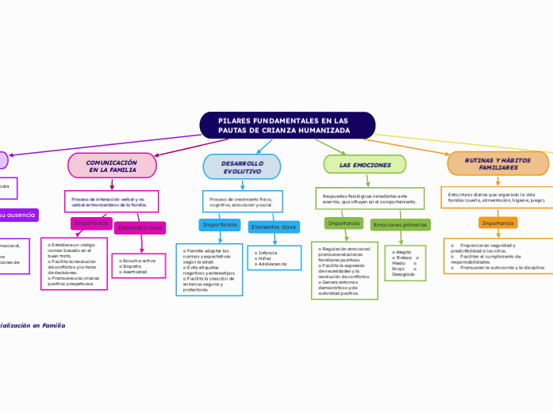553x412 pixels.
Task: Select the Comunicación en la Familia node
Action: click(x=112, y=165)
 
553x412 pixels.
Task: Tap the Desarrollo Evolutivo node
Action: click(x=242, y=166)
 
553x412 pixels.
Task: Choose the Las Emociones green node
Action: click(x=365, y=164)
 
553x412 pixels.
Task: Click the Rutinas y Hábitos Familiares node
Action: click(x=498, y=164)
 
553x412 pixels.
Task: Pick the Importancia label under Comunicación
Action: click(x=91, y=223)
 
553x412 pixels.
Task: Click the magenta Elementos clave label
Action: click(x=140, y=228)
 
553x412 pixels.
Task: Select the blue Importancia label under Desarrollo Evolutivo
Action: click(x=220, y=225)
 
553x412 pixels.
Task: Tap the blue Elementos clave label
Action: click(x=274, y=227)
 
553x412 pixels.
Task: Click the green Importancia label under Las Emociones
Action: click(x=344, y=223)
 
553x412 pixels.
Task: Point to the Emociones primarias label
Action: click(x=400, y=225)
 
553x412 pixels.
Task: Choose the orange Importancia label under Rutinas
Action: click(x=497, y=223)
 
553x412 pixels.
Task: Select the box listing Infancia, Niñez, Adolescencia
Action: click(x=273, y=258)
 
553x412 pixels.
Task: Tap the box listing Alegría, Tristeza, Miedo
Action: click(x=406, y=263)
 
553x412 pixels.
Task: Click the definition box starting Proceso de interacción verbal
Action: click(x=112, y=201)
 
